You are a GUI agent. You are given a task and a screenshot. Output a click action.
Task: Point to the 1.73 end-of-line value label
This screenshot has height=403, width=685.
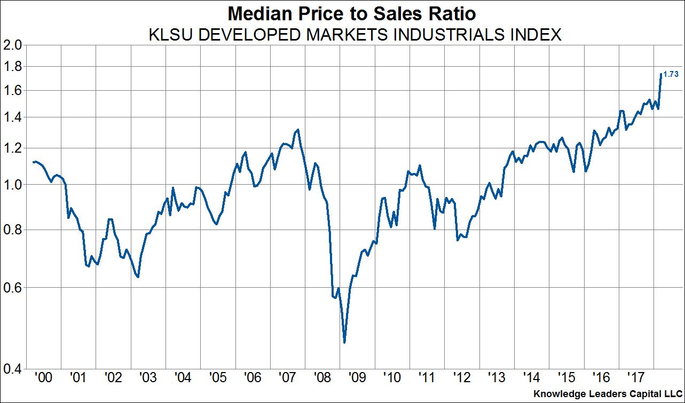click(x=671, y=75)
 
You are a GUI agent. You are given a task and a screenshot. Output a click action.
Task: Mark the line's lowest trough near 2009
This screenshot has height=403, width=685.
click(x=344, y=342)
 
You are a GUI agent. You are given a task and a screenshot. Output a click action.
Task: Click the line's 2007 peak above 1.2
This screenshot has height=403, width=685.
click(x=297, y=130)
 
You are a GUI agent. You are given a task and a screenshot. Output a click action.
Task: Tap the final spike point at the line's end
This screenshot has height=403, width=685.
click(x=661, y=74)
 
